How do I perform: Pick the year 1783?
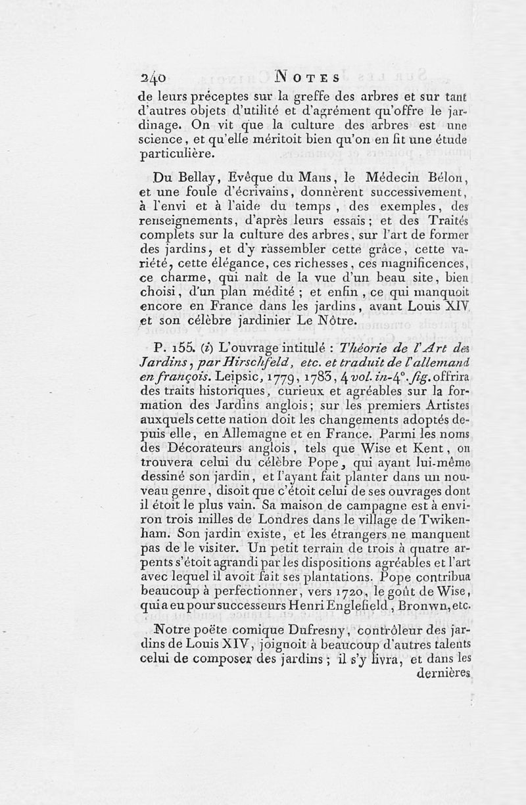[x=298, y=379]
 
